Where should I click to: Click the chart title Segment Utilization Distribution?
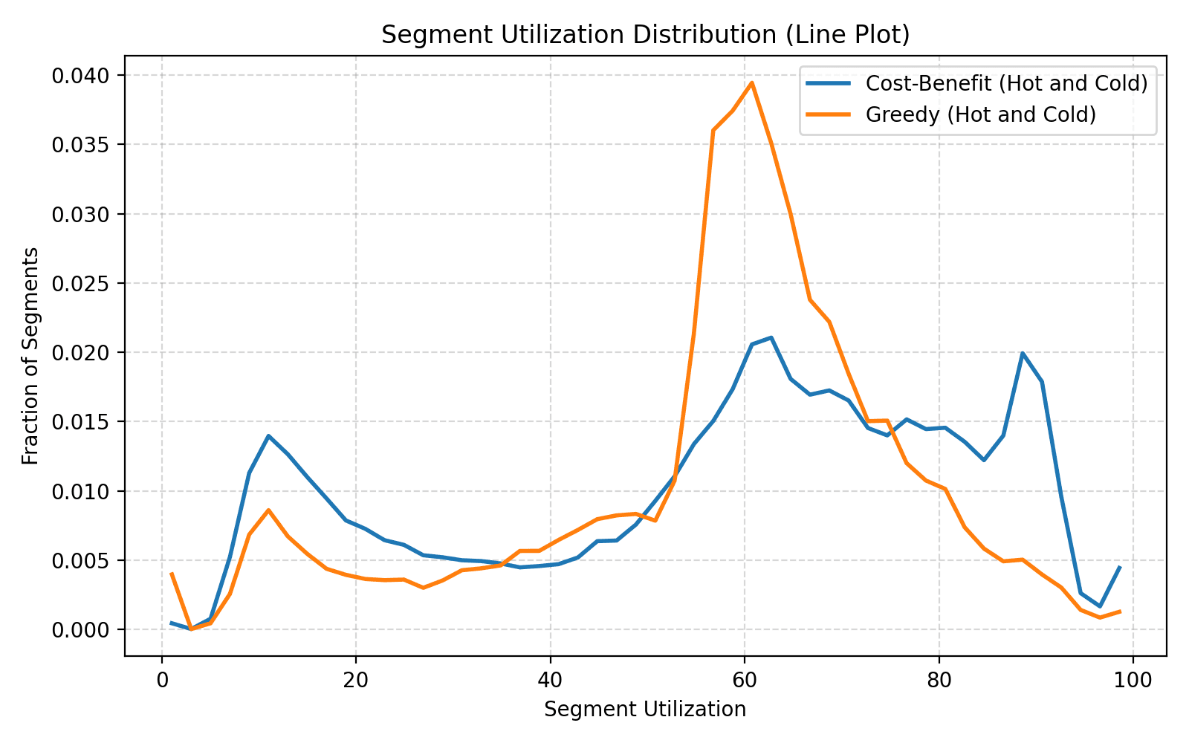pos(645,35)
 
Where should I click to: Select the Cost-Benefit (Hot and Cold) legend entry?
pos(1006,83)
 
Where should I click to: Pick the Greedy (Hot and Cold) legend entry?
pos(980,114)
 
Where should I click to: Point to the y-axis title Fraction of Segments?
pos(30,356)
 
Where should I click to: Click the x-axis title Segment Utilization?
pos(645,710)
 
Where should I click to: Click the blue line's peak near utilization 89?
pos(1023,353)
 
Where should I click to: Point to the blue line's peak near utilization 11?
pos(268,435)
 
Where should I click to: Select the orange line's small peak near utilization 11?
pos(268,510)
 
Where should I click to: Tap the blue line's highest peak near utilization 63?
pos(771,337)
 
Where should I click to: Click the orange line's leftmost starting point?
pos(172,574)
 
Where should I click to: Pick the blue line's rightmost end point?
pos(1120,567)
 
